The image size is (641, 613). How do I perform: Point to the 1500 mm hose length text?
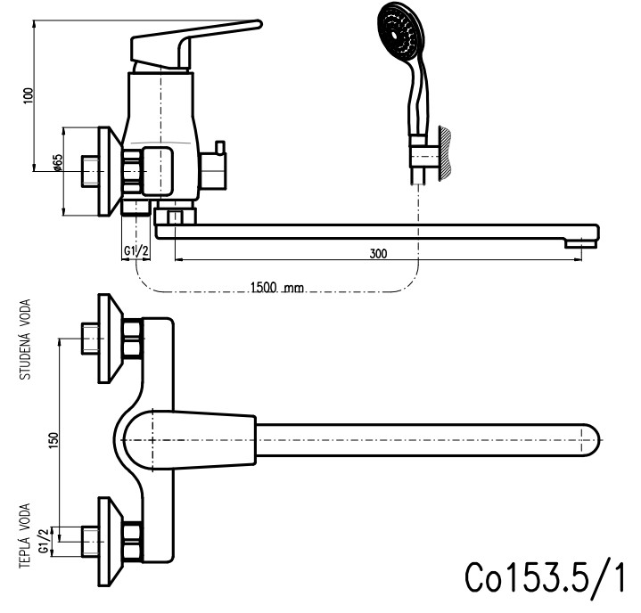(x=277, y=287)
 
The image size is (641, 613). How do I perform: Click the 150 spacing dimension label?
(x=53, y=438)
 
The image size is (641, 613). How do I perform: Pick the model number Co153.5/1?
(x=544, y=578)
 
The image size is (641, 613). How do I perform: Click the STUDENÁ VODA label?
(x=26, y=340)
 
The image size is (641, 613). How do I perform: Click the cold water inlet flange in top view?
(x=107, y=339)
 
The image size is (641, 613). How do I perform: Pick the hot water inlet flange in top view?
(x=107, y=537)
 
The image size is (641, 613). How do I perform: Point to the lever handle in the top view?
(x=187, y=438)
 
